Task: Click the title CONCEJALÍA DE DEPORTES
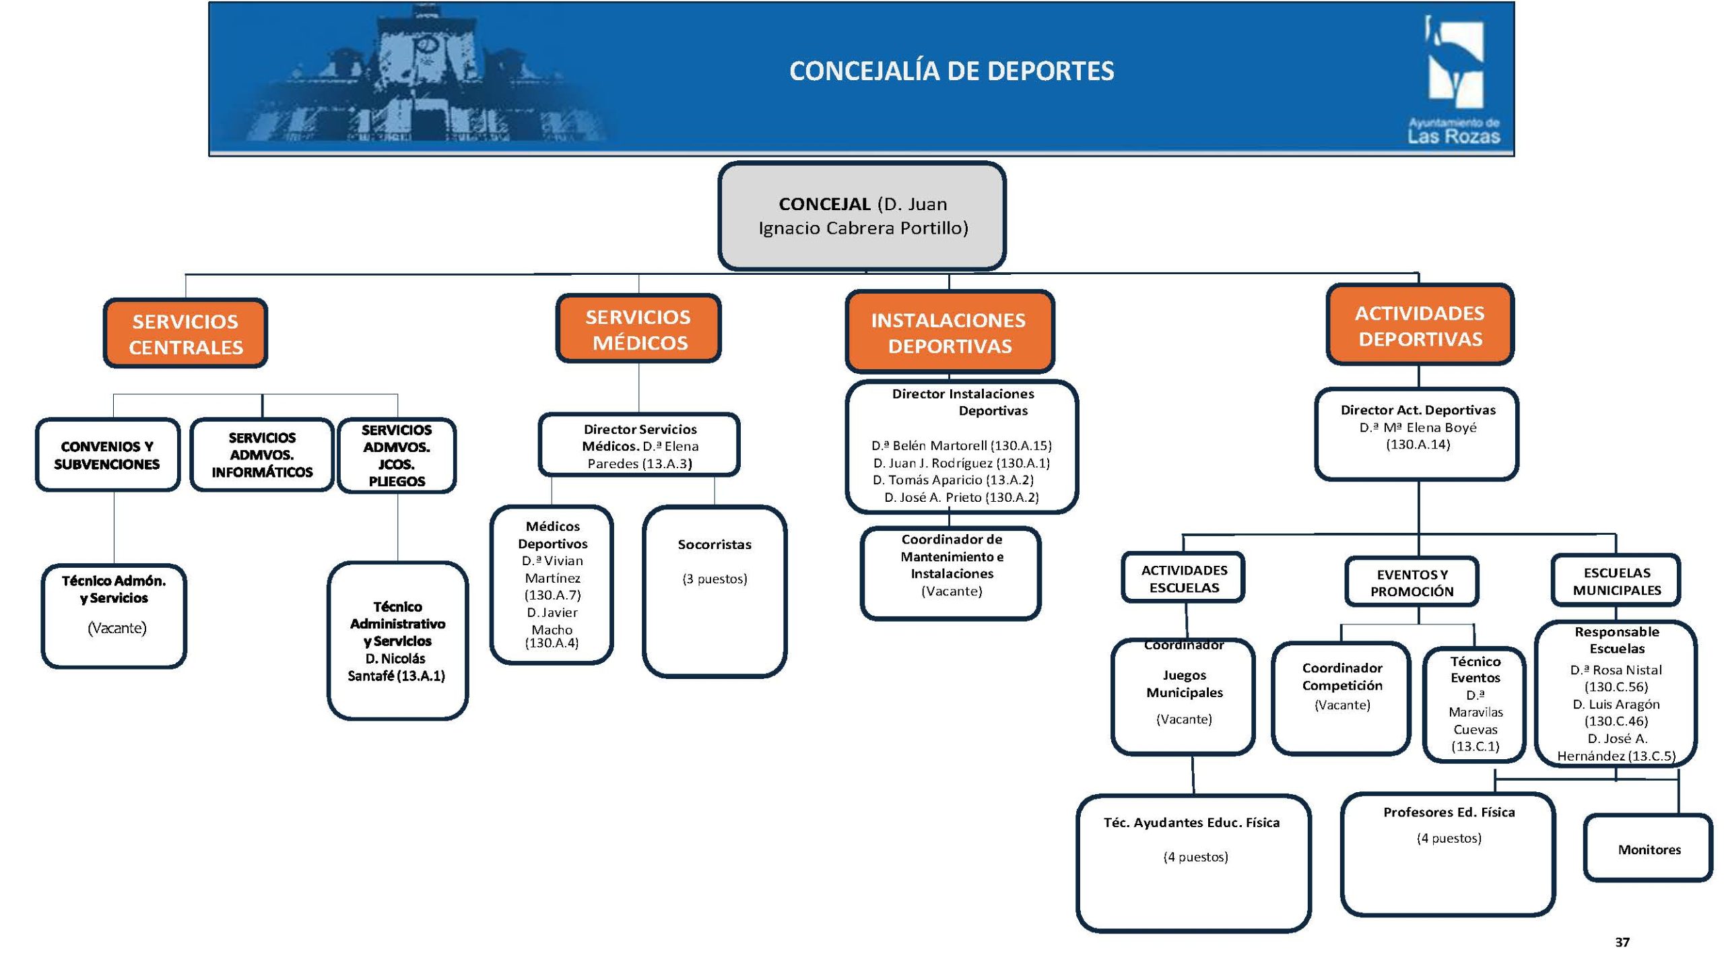951,71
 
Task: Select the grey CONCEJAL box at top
862,216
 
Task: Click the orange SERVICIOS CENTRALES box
185,334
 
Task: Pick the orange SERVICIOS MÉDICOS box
638,329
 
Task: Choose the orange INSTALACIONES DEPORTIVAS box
949,333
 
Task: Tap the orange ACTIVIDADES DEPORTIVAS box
1420,325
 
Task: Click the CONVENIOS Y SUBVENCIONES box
107,455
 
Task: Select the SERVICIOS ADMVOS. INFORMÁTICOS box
262,455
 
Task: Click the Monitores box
1649,849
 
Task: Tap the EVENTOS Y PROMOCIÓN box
1412,583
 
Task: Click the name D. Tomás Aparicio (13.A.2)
953,480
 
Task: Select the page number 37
1622,942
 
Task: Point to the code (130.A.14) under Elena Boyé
1418,445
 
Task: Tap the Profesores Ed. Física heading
1449,812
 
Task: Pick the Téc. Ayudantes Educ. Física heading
1191,822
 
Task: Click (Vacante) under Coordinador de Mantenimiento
952,591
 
